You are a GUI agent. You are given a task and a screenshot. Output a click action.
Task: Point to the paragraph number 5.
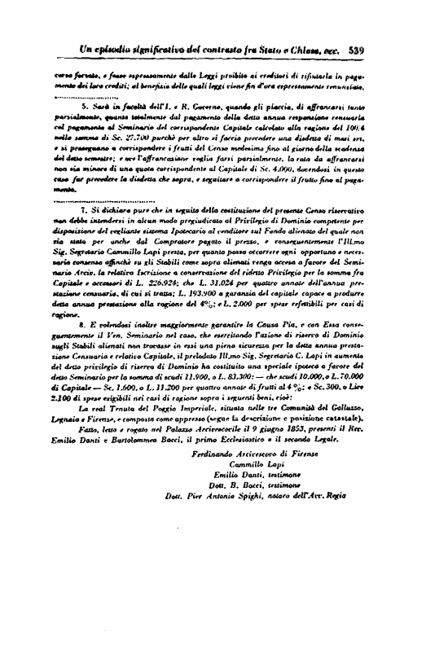(83, 106)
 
